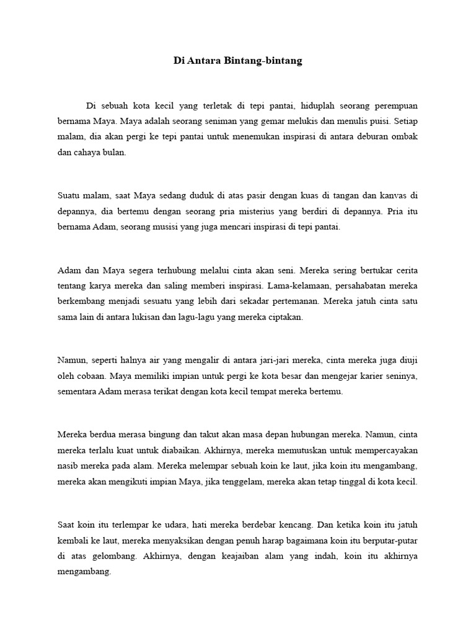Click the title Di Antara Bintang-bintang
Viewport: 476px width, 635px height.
tap(238, 61)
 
